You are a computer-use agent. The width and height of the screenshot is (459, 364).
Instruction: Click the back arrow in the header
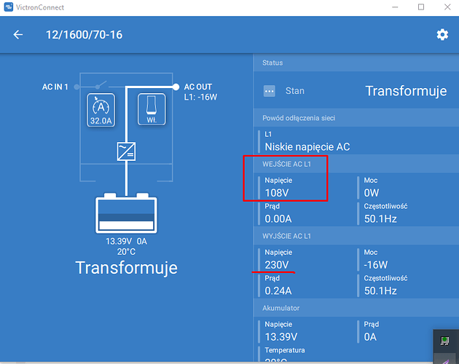pyautogui.click(x=18, y=34)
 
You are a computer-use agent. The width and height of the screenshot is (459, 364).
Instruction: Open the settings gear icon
pyautogui.click(x=442, y=34)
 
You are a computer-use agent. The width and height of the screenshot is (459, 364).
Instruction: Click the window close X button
pyautogui.click(x=447, y=7)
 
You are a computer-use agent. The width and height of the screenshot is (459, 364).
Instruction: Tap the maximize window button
pyautogui.click(x=421, y=7)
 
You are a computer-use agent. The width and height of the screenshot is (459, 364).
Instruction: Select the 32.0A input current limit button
pyautogui.click(x=101, y=110)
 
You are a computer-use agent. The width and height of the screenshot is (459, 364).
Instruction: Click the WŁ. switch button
pyautogui.click(x=152, y=109)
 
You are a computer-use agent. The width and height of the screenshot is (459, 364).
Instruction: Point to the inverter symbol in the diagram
pyautogui.click(x=126, y=151)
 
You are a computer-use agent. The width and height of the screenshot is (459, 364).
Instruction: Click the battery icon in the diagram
pyautogui.click(x=126, y=213)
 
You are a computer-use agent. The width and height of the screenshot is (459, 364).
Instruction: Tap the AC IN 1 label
pyautogui.click(x=55, y=87)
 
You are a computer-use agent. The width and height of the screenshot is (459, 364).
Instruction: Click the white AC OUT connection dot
pyautogui.click(x=176, y=87)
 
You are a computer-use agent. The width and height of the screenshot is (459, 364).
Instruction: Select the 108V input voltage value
pyautogui.click(x=277, y=193)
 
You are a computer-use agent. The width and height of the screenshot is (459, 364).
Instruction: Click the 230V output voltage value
pyautogui.click(x=277, y=265)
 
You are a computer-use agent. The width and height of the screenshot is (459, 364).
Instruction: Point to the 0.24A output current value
pyautogui.click(x=278, y=290)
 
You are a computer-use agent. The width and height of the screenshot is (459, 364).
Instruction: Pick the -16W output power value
pyautogui.click(x=375, y=265)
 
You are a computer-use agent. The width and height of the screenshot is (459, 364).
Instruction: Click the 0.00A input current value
pyautogui.click(x=278, y=218)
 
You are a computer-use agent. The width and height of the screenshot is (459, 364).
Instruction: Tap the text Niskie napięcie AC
pyautogui.click(x=307, y=147)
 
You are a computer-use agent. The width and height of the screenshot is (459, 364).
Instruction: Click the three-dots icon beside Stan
pyautogui.click(x=270, y=91)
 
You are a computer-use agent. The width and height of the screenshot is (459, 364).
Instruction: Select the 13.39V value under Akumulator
pyautogui.click(x=281, y=337)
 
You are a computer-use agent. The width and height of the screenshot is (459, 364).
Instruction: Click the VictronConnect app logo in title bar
pyautogui.click(x=9, y=7)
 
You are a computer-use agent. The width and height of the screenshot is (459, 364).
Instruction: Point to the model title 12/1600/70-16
pyautogui.click(x=85, y=35)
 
